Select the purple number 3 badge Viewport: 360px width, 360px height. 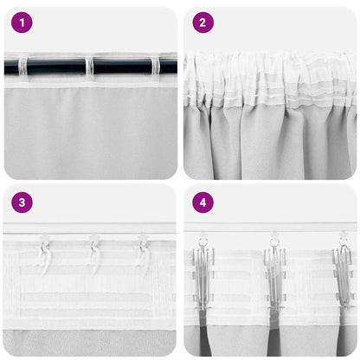(22, 203)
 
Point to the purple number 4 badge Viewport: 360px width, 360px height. (202, 203)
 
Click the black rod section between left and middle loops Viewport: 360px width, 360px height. (55, 66)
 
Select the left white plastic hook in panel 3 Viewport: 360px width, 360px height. (43, 252)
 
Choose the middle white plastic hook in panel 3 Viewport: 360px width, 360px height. (93, 252)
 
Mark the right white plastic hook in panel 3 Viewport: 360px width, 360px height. (143, 252)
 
